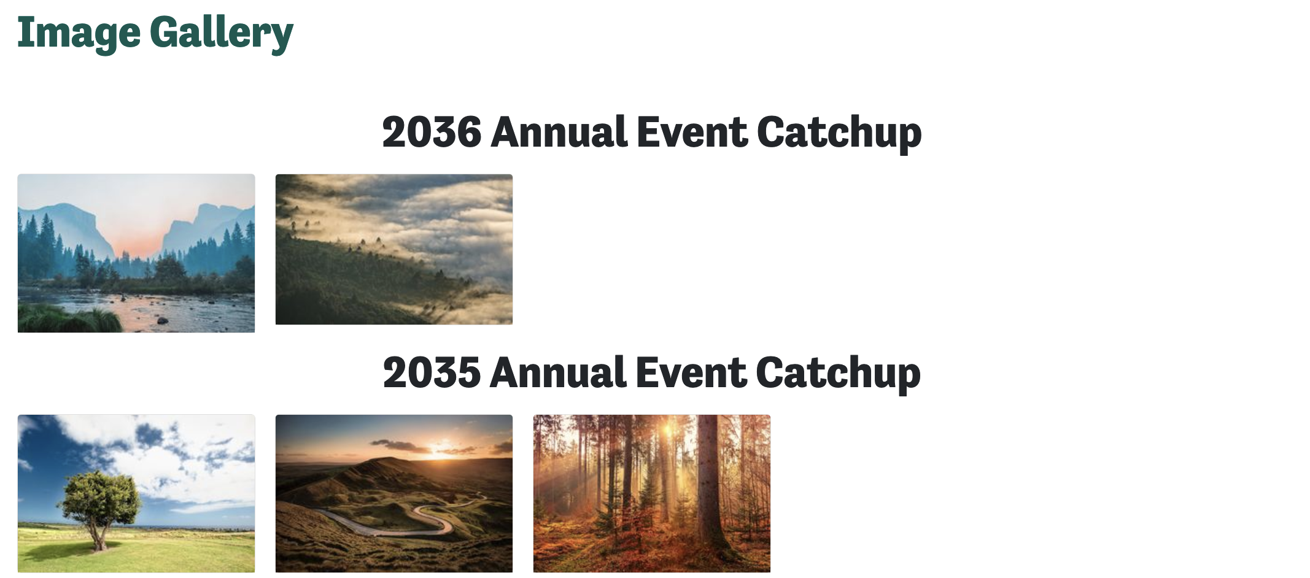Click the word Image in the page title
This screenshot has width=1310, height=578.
pyautogui.click(x=79, y=33)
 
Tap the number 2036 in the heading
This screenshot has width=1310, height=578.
pyautogui.click(x=432, y=132)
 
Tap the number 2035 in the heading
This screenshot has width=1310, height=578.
pyautogui.click(x=432, y=372)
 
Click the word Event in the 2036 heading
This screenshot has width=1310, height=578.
pyautogui.click(x=692, y=132)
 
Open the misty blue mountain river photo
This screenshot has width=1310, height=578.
pyautogui.click(x=136, y=253)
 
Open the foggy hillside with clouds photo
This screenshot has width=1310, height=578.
pyautogui.click(x=394, y=249)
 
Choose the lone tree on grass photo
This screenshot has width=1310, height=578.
pyautogui.click(x=136, y=493)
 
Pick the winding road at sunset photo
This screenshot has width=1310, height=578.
pyautogui.click(x=394, y=493)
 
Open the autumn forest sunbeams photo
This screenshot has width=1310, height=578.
pyautogui.click(x=652, y=493)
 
